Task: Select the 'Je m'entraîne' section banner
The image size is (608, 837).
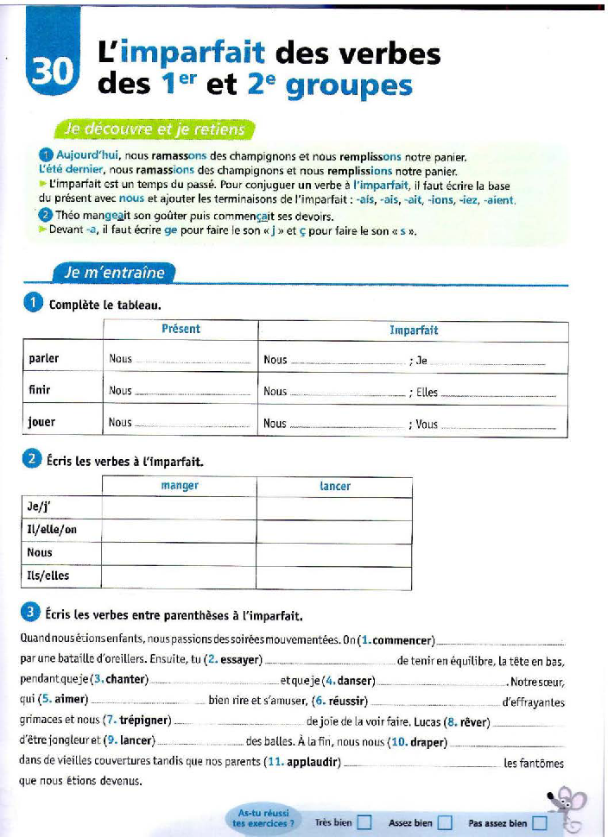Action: coord(113,272)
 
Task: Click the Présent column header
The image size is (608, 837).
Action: coord(180,329)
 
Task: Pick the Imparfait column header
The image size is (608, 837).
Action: coord(414,330)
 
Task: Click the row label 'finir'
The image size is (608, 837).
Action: coord(40,390)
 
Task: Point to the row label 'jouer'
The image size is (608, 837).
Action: coord(41,422)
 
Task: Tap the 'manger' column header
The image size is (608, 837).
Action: coord(180,486)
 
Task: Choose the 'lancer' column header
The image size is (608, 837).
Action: coord(335,486)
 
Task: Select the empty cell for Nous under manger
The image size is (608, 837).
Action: coord(180,552)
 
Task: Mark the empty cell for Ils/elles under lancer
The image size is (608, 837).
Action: coord(335,575)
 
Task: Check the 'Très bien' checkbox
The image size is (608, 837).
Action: coord(364,822)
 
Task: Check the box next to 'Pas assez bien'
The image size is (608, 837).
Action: coord(540,822)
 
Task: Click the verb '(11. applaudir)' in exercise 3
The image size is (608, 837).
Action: coord(310,762)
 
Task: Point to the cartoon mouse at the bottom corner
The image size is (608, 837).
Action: coord(567,809)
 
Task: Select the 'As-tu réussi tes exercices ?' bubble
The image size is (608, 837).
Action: coord(263,818)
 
